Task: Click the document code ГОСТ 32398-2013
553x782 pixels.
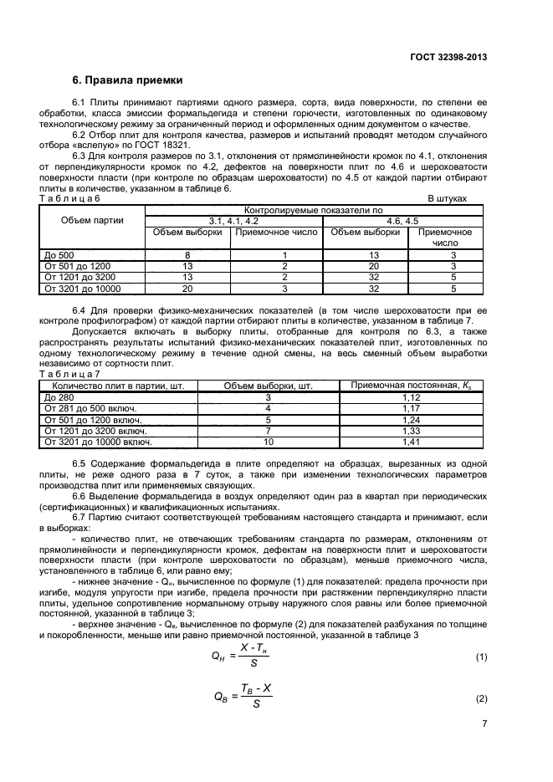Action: pyautogui.click(x=448, y=57)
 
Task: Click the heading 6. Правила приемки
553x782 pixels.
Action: pyautogui.click(x=126, y=81)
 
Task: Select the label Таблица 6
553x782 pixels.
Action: pyautogui.click(x=70, y=198)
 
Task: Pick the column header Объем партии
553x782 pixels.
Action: pyautogui.click(x=93, y=221)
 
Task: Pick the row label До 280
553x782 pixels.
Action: pyautogui.click(x=59, y=397)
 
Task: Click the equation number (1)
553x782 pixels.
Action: pyautogui.click(x=481, y=657)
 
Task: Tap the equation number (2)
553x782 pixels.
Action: pyautogui.click(x=481, y=698)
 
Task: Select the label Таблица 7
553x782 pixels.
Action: pyautogui.click(x=70, y=374)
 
